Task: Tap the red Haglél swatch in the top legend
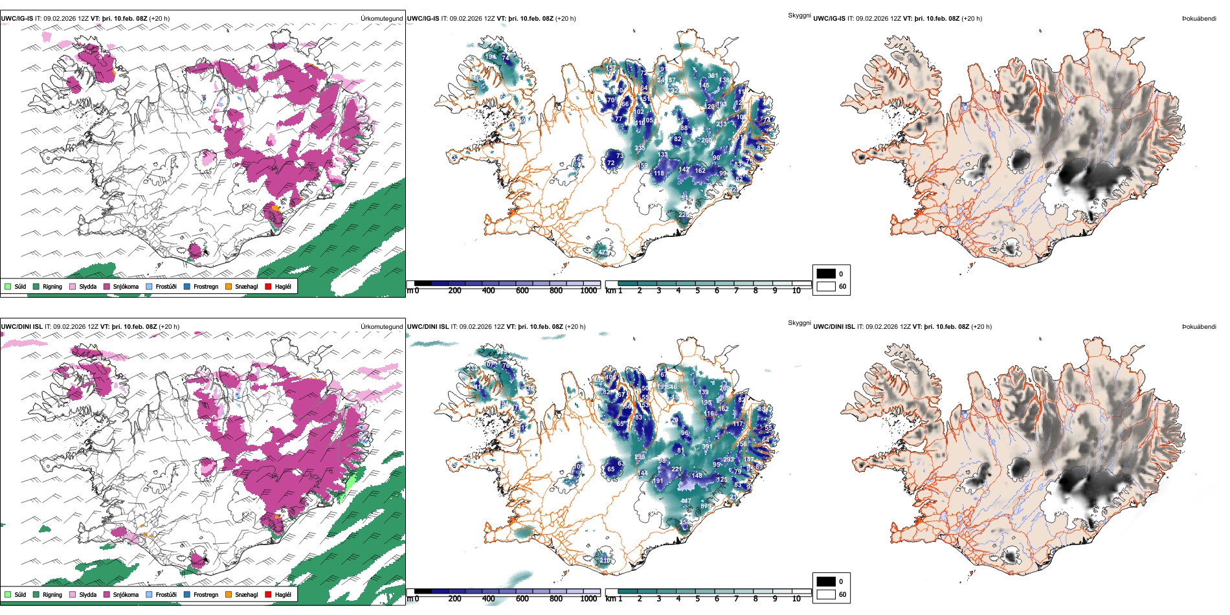click(x=268, y=286)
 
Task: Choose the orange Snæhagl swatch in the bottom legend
click(x=229, y=594)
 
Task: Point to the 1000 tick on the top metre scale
click(x=588, y=291)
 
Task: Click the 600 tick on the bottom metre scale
click(x=522, y=599)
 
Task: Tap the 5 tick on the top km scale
click(x=697, y=291)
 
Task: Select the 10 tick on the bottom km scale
click(x=796, y=599)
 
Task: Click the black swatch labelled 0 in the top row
click(x=826, y=274)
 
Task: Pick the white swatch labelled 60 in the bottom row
click(x=826, y=594)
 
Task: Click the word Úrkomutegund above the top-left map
click(x=381, y=19)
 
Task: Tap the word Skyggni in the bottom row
click(x=799, y=323)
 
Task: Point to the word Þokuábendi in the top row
click(x=1199, y=19)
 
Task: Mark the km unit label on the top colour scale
click(x=610, y=291)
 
